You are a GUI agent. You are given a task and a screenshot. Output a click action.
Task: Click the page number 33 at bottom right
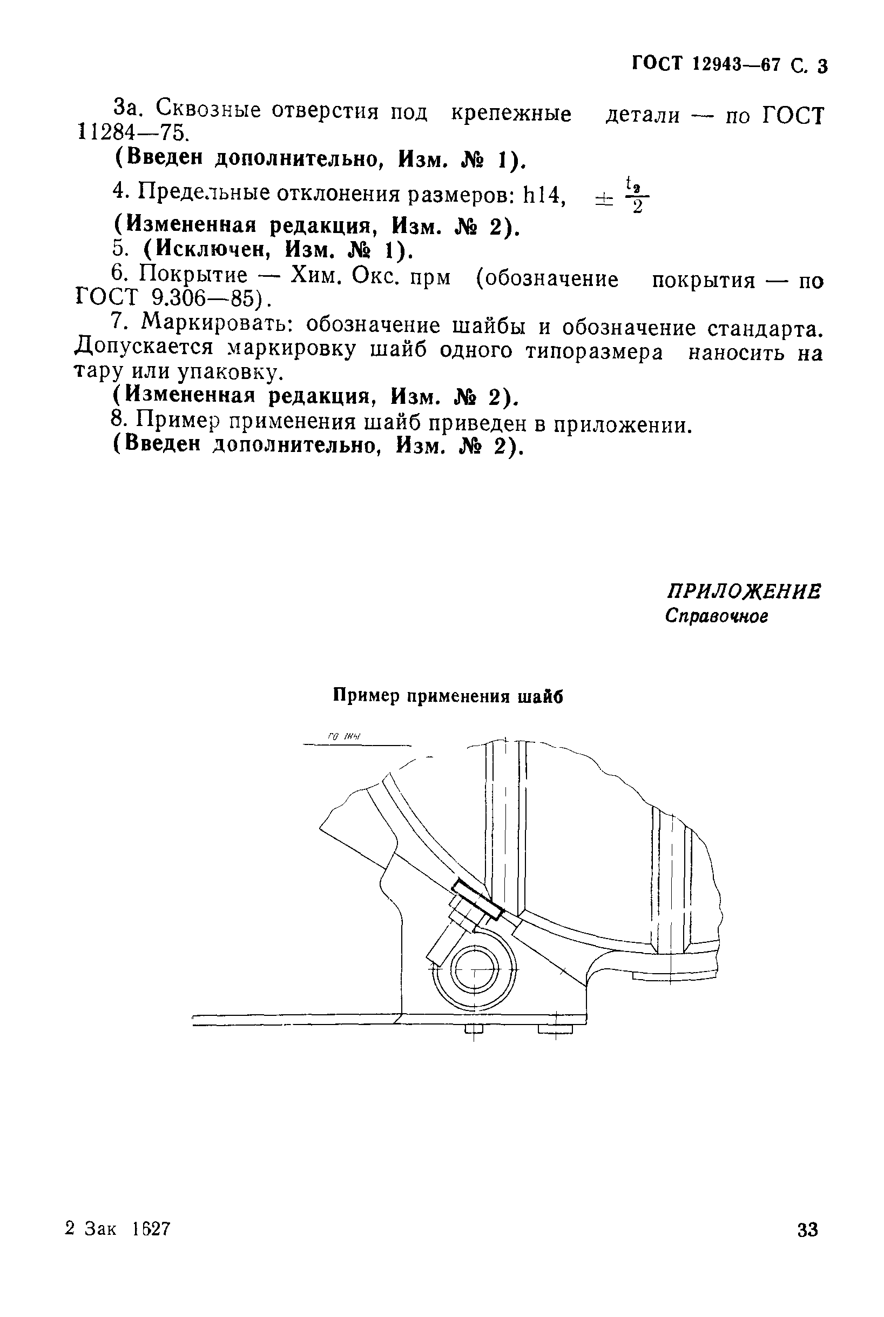[x=807, y=1228]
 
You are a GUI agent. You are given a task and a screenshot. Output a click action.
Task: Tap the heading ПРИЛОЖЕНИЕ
[x=744, y=591]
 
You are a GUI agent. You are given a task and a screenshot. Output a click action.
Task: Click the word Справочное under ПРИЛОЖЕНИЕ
[x=716, y=616]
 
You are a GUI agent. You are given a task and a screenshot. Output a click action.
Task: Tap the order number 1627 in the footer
[x=151, y=1228]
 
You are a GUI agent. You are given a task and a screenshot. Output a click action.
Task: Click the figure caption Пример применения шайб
[x=448, y=696]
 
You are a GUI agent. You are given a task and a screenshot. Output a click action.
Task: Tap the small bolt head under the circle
[x=474, y=1029]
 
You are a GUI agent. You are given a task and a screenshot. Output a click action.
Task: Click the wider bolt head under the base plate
[x=555, y=1029]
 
